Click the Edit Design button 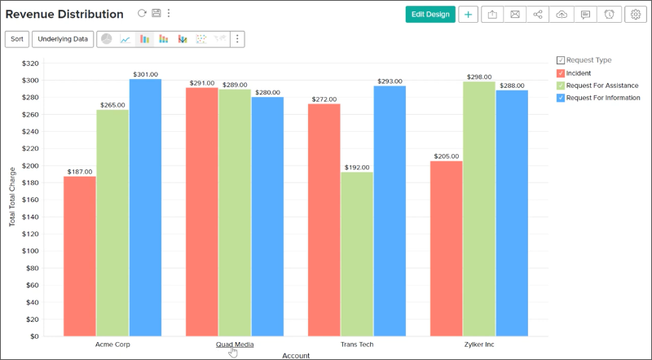click(x=430, y=14)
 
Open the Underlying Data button click(x=64, y=38)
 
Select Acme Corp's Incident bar click(x=80, y=256)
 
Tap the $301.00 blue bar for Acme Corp click(x=145, y=208)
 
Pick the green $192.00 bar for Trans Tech click(x=357, y=253)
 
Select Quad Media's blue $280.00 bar click(x=267, y=216)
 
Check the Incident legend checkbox click(x=561, y=73)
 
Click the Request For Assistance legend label click(x=601, y=86)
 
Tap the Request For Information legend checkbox click(x=561, y=98)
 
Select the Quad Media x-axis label click(x=235, y=344)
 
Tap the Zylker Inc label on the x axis click(x=479, y=344)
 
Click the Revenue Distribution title click(x=64, y=14)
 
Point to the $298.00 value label click(x=479, y=77)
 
